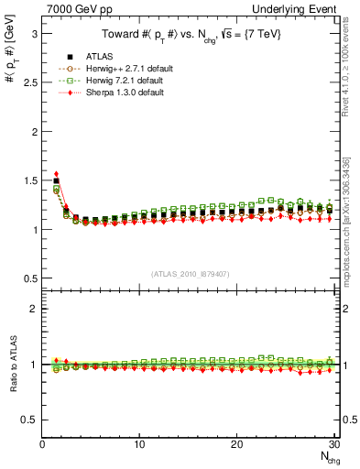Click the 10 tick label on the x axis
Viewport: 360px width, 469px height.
(x=139, y=444)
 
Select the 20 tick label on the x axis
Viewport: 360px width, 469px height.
(x=236, y=444)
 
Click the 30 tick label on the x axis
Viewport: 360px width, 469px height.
(x=333, y=444)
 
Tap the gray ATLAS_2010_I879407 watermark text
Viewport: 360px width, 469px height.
(x=190, y=273)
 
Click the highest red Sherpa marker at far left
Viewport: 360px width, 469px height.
(x=57, y=174)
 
